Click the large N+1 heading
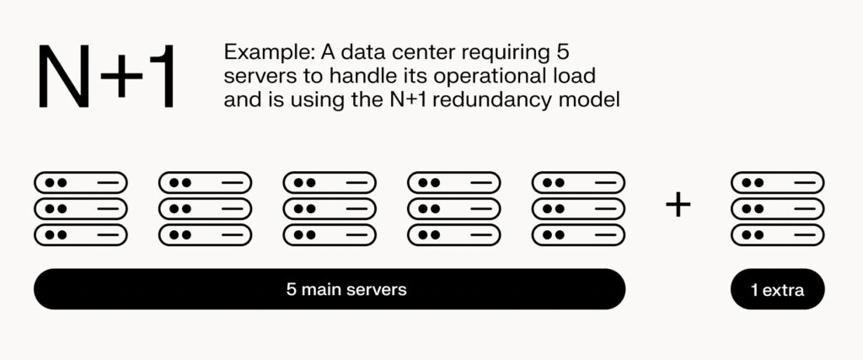coord(105,77)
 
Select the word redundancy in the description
coord(516,99)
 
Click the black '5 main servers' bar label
coord(346,289)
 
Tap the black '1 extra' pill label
coord(777,290)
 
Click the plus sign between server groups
coord(678,205)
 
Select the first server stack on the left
coord(80,208)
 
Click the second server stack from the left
coord(205,208)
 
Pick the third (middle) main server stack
coord(329,208)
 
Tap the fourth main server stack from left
coord(453,208)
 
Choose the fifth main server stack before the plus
coord(578,208)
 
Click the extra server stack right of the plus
coord(777,208)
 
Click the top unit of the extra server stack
coord(777,182)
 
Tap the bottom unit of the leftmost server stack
coord(80,234)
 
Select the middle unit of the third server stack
coord(329,208)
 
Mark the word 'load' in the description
coord(578,76)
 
